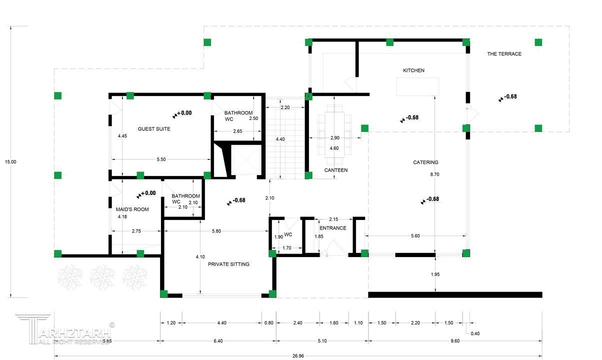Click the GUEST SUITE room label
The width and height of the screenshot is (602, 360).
(154, 129)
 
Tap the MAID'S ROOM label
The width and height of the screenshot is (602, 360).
(132, 209)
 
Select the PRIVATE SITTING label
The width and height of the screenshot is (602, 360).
(228, 264)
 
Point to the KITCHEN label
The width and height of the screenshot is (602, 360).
(413, 70)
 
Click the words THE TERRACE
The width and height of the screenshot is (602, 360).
(504, 53)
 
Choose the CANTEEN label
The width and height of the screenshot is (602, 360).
(336, 170)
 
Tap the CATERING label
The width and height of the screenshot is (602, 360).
(425, 162)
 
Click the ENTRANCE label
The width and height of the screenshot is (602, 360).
(332, 228)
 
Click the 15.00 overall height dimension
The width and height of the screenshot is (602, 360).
(10, 161)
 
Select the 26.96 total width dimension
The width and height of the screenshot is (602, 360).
(298, 355)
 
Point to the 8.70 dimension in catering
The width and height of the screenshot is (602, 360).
(434, 174)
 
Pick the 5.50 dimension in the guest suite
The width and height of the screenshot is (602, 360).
(161, 159)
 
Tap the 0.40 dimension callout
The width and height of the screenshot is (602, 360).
(475, 333)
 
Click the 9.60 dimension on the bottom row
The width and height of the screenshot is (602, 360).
(455, 341)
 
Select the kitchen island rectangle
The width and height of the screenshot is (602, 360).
(417, 86)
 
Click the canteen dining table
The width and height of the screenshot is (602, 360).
(334, 135)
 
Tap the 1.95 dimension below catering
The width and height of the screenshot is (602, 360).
(435, 274)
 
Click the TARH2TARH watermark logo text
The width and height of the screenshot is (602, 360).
(74, 333)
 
